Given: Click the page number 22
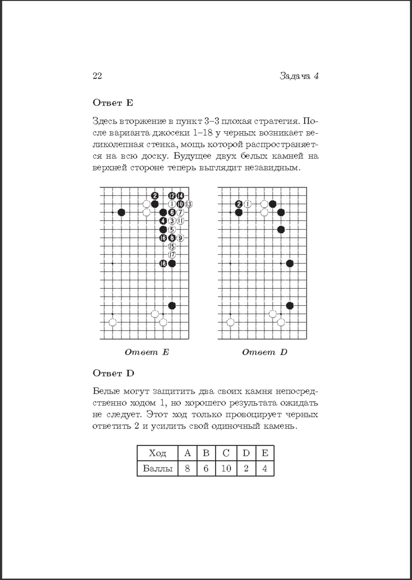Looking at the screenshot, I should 97,76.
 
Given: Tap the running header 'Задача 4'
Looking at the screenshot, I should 299,76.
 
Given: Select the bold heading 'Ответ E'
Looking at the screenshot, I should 113,103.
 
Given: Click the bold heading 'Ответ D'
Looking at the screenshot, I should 114,373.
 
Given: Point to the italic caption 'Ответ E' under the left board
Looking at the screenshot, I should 147,352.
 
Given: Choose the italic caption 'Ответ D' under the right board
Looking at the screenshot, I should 264,352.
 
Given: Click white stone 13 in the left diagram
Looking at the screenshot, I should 188,204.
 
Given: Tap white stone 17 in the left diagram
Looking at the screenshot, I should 172,255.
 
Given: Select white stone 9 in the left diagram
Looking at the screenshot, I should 180,238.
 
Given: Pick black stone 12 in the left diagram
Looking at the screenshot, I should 172,195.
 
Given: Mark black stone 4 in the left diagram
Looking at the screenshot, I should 163,221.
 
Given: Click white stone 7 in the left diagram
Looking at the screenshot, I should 180,213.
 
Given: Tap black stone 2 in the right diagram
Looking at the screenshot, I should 239,204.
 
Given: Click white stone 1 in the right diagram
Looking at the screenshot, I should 247,204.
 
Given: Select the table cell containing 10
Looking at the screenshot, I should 226,468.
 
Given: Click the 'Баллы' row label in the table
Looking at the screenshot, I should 157,468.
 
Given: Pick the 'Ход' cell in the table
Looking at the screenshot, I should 157,453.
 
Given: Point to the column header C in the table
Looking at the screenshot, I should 226,453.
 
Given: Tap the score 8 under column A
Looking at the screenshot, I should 187,468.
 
